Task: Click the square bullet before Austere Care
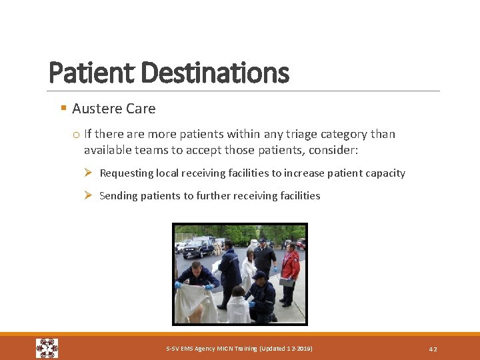pyautogui.click(x=63, y=108)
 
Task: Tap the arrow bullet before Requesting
pyautogui.click(x=89, y=173)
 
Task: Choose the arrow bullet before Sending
pyautogui.click(x=89, y=195)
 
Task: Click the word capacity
pyautogui.click(x=385, y=173)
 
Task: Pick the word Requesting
pyautogui.click(x=127, y=173)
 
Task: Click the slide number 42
pyautogui.click(x=433, y=349)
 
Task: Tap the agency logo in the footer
pyautogui.click(x=47, y=348)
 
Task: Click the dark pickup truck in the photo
pyautogui.click(x=198, y=248)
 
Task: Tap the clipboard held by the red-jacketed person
pyautogui.click(x=286, y=283)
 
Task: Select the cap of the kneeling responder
pyautogui.click(x=259, y=275)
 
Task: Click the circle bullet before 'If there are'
pyautogui.click(x=76, y=135)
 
